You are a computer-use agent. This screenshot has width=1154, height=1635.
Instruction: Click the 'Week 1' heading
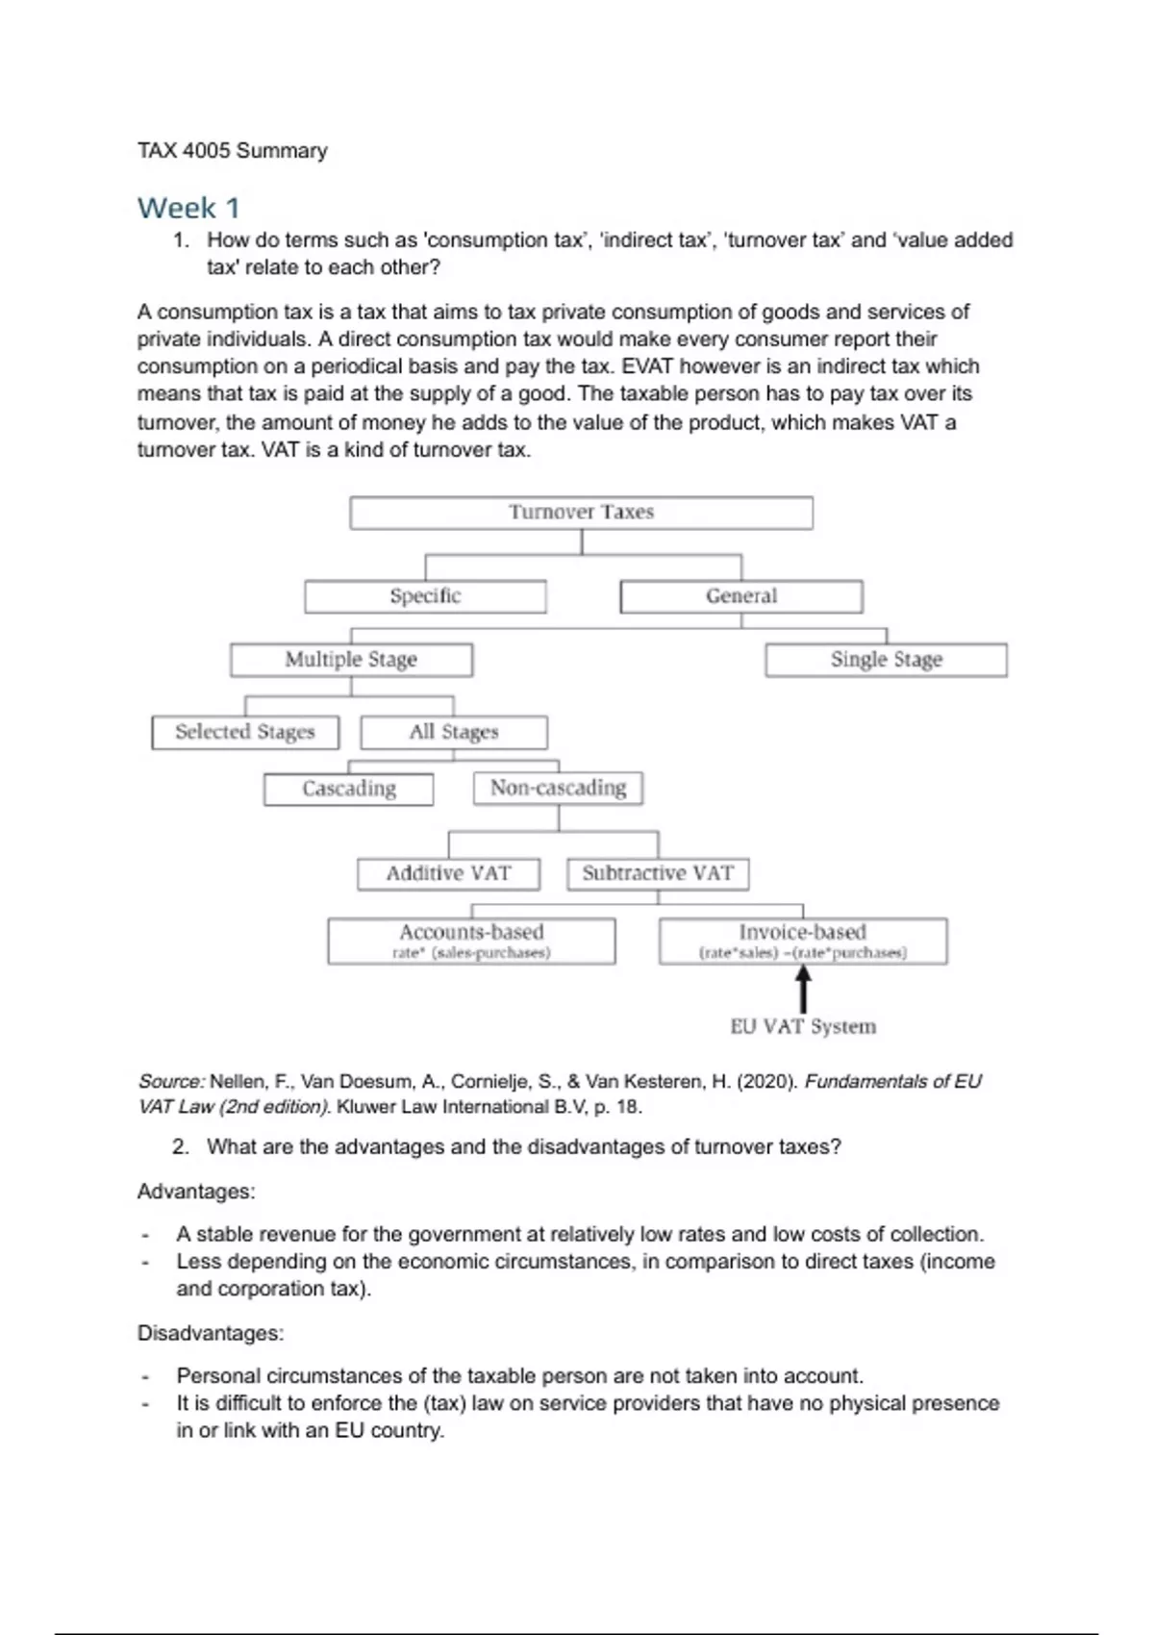click(188, 208)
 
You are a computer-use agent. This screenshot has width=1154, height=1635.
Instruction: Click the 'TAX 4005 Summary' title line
click(232, 151)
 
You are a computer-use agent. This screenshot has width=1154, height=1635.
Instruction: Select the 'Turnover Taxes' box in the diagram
click(581, 513)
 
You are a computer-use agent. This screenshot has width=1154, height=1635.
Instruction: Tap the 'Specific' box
click(425, 596)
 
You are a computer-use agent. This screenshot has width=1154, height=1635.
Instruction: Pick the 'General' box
click(741, 596)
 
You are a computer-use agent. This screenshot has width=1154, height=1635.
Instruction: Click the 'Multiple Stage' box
click(351, 660)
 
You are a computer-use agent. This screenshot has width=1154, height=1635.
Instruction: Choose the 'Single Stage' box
click(886, 660)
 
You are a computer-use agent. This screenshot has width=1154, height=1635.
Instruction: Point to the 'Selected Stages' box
click(245, 732)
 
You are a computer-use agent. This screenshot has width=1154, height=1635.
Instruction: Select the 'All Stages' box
click(454, 732)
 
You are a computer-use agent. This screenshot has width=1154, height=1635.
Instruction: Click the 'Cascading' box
click(348, 789)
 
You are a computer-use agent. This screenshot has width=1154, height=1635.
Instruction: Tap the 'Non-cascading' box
click(558, 788)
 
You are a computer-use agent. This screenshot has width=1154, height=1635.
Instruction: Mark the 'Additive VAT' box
click(448, 873)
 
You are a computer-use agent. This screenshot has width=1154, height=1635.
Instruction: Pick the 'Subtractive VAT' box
click(658, 873)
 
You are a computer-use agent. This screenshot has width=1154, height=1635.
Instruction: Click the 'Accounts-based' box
click(471, 941)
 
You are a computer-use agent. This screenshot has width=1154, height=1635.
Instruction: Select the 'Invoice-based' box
click(803, 941)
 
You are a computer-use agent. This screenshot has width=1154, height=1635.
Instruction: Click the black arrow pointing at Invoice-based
click(803, 989)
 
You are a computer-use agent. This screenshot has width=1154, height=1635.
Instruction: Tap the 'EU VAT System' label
click(803, 1027)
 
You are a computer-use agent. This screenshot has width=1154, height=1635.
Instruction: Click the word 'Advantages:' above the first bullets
click(196, 1192)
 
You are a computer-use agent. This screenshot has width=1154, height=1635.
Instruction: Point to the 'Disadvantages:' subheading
click(211, 1333)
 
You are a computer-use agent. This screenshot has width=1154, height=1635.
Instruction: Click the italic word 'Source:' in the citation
click(171, 1082)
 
